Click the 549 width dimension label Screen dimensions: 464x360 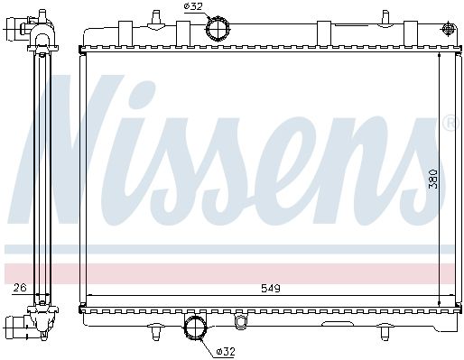pos(270,289)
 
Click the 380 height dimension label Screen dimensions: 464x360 pos(433,179)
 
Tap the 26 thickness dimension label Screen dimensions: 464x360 pos(20,288)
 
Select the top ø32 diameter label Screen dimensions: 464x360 pos(193,6)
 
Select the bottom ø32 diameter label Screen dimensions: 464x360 pos(226,351)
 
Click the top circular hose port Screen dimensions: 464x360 pos(218,29)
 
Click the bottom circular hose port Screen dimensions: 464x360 pos(195,328)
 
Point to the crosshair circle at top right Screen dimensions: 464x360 pos(449,29)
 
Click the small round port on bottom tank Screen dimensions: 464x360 pos(240,321)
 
